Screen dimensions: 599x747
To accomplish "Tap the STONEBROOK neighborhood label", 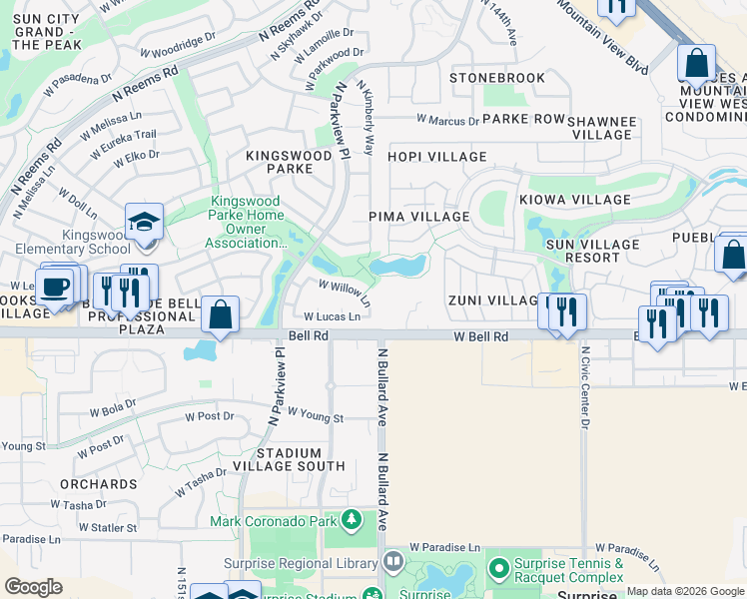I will coord(497,78).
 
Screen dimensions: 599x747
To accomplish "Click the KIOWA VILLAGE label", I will coord(574,200).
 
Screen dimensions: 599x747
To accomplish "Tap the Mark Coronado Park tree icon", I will coord(351,520).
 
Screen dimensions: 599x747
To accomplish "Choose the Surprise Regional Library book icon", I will coord(392,561).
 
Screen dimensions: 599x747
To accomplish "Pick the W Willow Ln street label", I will coord(345,292).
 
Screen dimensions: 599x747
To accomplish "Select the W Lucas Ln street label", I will coord(332,316).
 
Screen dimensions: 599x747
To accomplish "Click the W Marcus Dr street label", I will coord(445,122).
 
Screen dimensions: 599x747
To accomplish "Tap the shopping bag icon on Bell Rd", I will coord(220,314).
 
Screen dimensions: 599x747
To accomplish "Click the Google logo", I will coord(33,587).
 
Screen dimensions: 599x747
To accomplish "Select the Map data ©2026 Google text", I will coord(684,591).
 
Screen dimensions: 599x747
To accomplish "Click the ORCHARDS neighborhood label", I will coord(97,484).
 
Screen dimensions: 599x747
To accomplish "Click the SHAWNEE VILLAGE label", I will coord(601,128).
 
